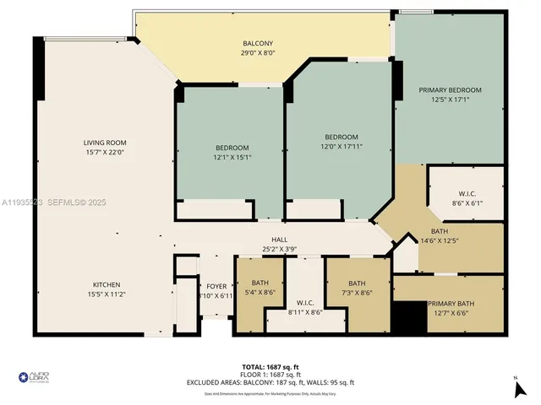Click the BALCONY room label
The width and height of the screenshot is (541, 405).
tap(258, 43)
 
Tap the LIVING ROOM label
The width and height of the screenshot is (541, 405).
tap(104, 143)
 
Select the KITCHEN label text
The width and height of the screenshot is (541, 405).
tap(106, 284)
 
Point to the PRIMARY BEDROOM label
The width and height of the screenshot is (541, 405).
tap(450, 90)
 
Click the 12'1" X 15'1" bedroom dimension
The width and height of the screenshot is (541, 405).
tap(231, 156)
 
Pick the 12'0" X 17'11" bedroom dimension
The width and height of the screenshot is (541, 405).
tap(342, 146)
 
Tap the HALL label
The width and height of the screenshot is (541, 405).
tap(279, 240)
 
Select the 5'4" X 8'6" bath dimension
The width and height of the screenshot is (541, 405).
tap(260, 292)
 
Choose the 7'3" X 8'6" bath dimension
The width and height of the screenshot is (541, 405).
tap(357, 292)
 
